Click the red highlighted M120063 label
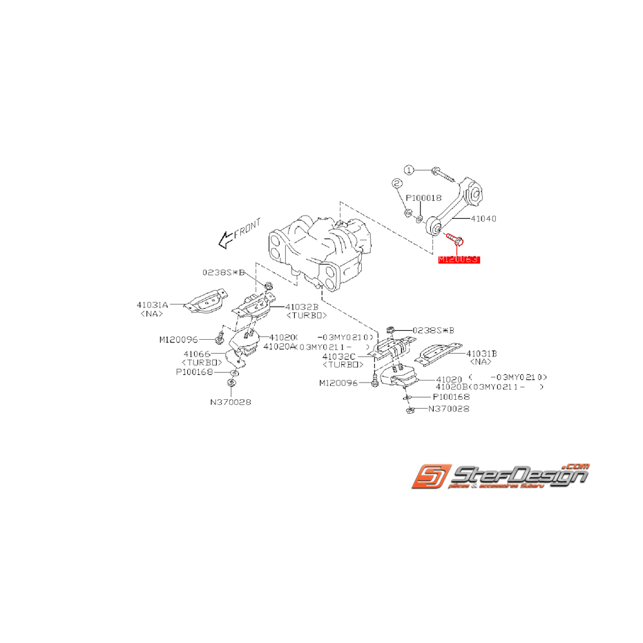459,260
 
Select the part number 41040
483,218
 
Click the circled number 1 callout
409,169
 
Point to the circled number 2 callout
396,184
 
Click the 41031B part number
481,353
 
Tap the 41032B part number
302,306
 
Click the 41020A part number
277,346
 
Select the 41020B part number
451,387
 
